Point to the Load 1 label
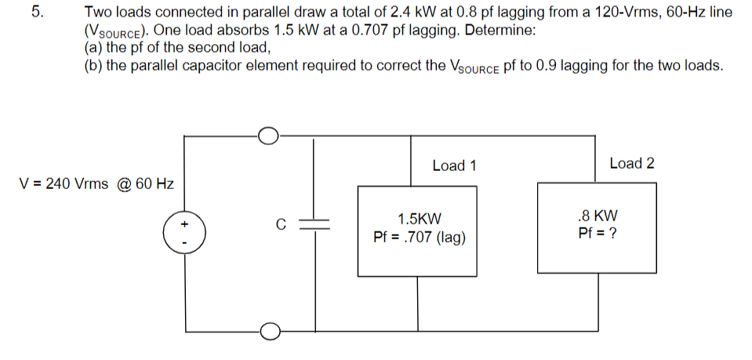point(454,165)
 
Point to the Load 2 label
point(631,163)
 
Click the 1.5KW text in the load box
point(420,219)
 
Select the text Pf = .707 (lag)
point(420,237)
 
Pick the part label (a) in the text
point(93,47)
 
